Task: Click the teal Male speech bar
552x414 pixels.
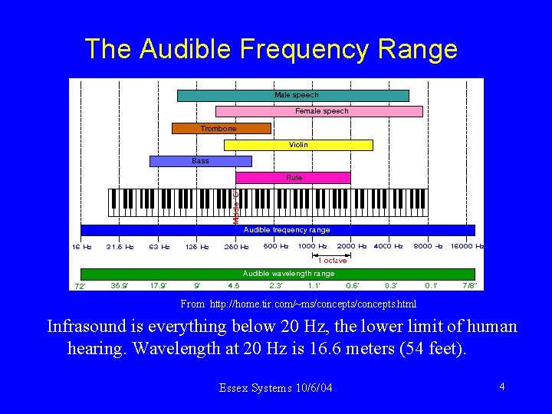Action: [x=293, y=96]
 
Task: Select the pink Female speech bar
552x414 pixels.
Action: [x=319, y=111]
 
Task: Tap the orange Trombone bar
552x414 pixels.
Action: [x=221, y=129]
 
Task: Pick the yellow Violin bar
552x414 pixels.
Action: [x=298, y=145]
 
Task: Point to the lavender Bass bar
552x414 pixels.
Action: [x=200, y=161]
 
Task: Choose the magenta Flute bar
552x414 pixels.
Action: [x=294, y=178]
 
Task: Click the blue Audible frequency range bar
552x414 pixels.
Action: [x=278, y=230]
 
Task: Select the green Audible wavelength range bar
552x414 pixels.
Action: [x=278, y=274]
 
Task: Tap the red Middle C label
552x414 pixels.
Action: [x=236, y=207]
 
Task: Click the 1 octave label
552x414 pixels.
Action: [x=333, y=261]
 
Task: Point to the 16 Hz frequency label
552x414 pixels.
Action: [x=82, y=247]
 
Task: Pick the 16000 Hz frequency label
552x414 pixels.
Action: [x=467, y=247]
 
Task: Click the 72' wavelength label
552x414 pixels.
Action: [x=80, y=287]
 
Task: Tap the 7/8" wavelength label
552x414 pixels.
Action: [x=468, y=286]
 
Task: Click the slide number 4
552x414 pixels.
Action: [x=501, y=386]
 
